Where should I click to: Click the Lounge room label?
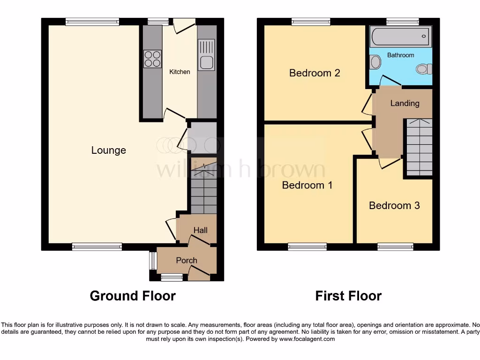point(108,150)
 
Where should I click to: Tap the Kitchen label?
point(180,72)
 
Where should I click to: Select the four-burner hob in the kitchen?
point(152,59)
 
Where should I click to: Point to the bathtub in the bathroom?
point(400,37)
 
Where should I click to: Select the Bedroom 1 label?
point(307,185)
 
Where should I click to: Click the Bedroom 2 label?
point(314,73)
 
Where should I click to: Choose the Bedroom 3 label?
point(394,205)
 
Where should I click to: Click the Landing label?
point(405,103)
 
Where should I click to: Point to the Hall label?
point(201,230)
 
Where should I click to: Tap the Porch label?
point(187,260)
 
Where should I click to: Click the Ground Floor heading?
point(133,296)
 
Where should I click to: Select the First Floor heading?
point(348,296)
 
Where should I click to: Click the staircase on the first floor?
point(419,147)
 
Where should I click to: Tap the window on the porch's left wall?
point(152,261)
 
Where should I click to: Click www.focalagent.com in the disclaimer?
point(307,339)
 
